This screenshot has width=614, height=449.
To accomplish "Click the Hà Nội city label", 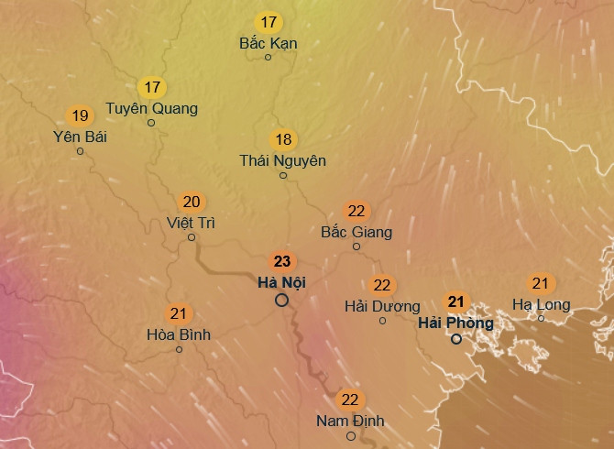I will click(x=281, y=281).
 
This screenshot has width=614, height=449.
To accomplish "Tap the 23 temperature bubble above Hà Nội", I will click(x=281, y=261).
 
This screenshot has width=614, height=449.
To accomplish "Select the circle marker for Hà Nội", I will click(x=281, y=300).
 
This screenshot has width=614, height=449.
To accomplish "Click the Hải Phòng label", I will click(x=455, y=323).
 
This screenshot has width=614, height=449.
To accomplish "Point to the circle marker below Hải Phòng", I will click(x=455, y=339).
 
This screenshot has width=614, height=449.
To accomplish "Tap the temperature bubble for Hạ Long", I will click(x=541, y=284).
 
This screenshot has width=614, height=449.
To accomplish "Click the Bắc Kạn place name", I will click(x=269, y=43).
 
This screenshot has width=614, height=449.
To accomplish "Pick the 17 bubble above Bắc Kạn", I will click(x=269, y=22).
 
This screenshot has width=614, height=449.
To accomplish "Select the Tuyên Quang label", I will click(x=152, y=108).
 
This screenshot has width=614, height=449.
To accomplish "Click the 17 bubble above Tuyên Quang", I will click(x=152, y=88).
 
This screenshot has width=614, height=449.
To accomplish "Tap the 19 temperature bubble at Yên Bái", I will click(x=80, y=115).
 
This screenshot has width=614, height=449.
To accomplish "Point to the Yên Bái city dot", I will click(x=80, y=151).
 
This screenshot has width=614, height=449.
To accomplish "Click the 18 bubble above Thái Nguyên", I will click(x=283, y=139).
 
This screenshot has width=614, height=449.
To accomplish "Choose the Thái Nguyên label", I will click(x=283, y=160).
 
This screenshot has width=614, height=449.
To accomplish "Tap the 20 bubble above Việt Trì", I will click(x=192, y=202).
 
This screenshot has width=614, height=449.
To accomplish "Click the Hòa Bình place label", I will click(x=179, y=334).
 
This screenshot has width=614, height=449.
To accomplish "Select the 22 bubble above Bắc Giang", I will click(x=356, y=211).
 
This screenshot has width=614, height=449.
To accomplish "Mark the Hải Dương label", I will click(x=382, y=306).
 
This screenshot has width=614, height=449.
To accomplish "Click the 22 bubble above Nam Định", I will click(x=350, y=400).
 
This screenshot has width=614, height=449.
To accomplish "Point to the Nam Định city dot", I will click(x=350, y=436).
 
